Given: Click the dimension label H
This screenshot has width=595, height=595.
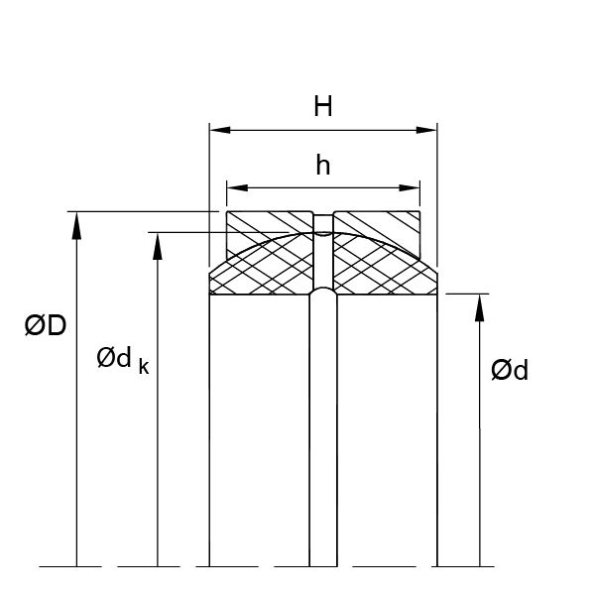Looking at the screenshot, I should (322, 107).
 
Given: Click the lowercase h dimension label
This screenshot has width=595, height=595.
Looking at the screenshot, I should (322, 167).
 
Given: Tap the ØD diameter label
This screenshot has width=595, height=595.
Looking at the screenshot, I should (45, 324).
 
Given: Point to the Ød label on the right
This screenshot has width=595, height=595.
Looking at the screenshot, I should (510, 371).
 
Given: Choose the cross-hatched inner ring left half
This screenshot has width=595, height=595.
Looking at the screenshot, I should (263, 270).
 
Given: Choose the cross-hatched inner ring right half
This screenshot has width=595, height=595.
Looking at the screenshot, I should (382, 270).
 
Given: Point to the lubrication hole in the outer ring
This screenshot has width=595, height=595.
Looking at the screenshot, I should (323, 220).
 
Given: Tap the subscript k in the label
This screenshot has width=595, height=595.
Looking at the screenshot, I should (144, 367).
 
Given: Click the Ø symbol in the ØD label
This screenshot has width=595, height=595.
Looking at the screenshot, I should (34, 324).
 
